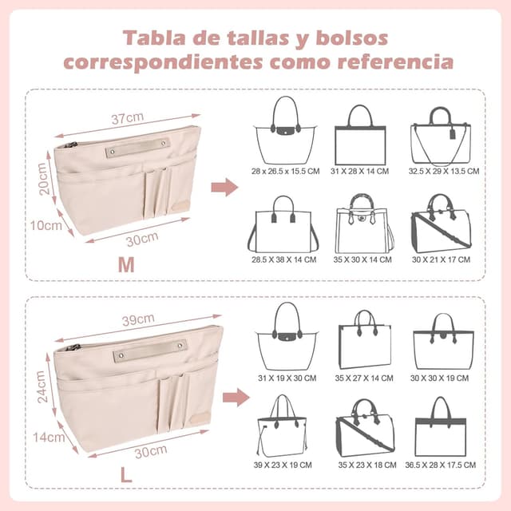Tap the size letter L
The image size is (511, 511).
pyautogui.click(x=125, y=474)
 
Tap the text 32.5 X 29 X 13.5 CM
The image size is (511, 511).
pyautogui.click(x=443, y=172)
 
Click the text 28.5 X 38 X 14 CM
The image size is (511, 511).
pyautogui.click(x=284, y=259)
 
